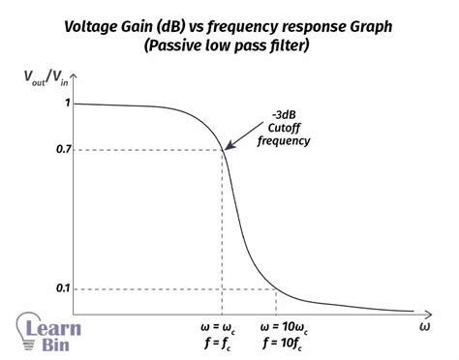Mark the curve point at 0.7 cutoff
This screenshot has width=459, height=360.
point(225,150)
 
